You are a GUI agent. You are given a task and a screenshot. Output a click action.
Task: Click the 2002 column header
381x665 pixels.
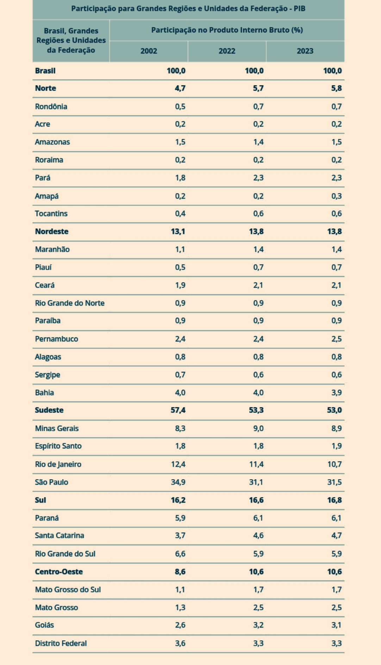[x=149, y=51]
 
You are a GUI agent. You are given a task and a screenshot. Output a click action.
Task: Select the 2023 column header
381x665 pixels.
[x=305, y=51]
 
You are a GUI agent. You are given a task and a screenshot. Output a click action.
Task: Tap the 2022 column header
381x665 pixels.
[x=227, y=51]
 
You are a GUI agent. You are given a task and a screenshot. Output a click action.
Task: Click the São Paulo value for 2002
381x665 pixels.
[x=178, y=482]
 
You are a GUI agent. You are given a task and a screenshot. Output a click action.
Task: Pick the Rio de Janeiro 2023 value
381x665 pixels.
[x=335, y=464]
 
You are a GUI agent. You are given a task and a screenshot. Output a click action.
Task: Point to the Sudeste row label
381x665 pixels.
[x=49, y=410]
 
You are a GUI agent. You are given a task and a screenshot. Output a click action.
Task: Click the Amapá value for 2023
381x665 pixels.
[x=336, y=196]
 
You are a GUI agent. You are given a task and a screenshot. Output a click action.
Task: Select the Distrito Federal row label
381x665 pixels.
[x=61, y=643]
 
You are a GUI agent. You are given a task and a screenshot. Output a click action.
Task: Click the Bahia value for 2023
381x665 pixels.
[x=336, y=392]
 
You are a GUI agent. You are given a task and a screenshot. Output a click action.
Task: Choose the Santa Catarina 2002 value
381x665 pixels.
[x=180, y=535]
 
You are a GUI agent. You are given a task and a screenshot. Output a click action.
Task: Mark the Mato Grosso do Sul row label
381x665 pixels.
[x=68, y=589]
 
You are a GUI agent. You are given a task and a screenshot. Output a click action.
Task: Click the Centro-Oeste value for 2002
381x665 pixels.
[x=180, y=571]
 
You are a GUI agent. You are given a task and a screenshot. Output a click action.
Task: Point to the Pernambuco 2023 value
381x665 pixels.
[x=336, y=339]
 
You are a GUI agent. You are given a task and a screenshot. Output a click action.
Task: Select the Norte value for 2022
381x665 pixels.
[x=258, y=88]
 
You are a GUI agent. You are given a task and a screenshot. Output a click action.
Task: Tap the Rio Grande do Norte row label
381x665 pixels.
[x=70, y=303]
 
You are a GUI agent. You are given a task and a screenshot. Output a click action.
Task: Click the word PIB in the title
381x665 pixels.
[x=299, y=9]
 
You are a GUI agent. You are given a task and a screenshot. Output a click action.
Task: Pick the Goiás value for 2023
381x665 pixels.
[x=336, y=625]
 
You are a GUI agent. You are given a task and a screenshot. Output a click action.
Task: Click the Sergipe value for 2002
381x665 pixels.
[x=180, y=374]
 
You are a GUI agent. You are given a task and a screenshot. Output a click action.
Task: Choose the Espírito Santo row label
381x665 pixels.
[x=58, y=446]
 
